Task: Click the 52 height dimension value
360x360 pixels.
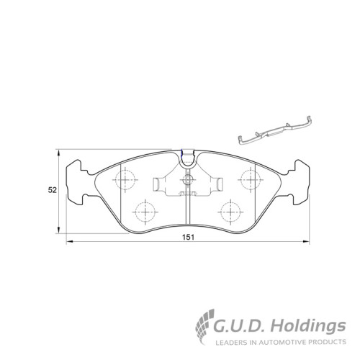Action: pos(53,190)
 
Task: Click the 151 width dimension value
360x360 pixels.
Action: pos(188,237)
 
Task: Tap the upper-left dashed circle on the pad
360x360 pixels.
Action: pos(125,179)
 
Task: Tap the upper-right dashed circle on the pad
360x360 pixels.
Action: pos(251,179)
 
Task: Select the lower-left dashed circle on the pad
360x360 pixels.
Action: pos(145,212)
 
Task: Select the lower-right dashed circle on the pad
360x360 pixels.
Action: pos(230,212)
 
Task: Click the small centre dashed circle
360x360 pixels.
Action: pos(187,179)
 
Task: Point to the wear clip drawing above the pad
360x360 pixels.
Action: pos(275,131)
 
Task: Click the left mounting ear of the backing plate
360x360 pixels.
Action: pos(75,182)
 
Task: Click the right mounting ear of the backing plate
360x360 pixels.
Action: pos(301,182)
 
